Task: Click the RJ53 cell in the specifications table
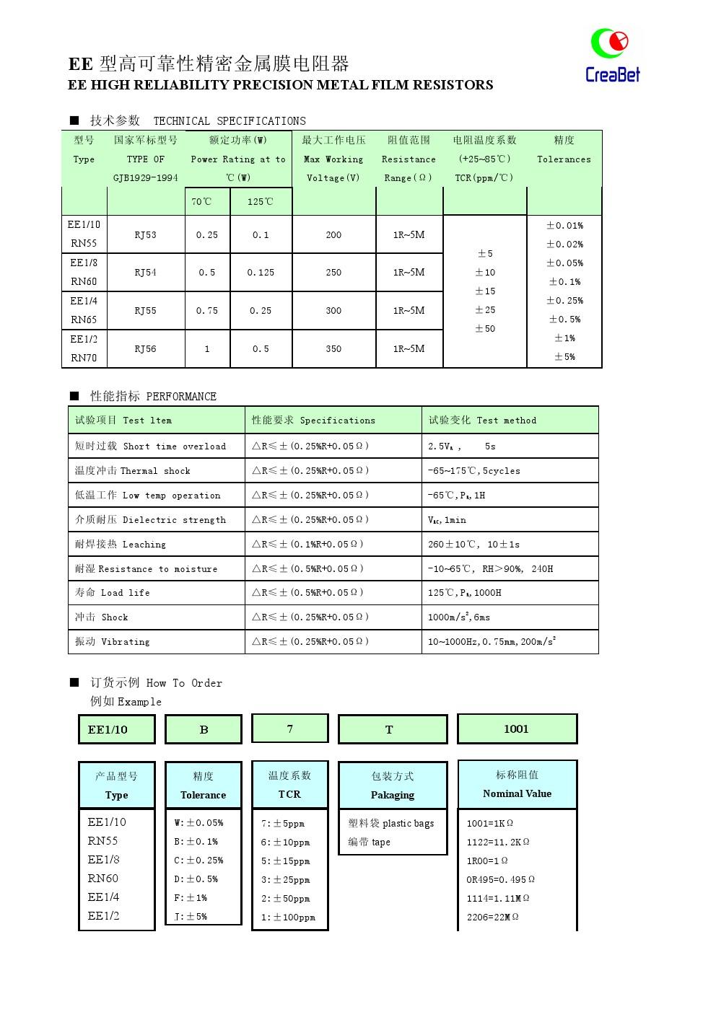click(145, 235)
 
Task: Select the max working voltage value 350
click(333, 349)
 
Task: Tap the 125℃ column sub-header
click(261, 202)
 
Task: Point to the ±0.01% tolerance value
click(564, 226)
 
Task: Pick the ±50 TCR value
click(485, 329)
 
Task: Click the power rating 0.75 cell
click(207, 311)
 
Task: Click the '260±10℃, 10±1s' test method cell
click(473, 545)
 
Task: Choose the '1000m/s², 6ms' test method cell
click(459, 617)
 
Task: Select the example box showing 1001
click(517, 729)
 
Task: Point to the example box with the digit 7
click(290, 729)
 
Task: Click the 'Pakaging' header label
click(393, 795)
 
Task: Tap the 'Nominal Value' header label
click(517, 793)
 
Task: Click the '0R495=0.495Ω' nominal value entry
click(500, 880)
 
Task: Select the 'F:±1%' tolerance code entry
click(191, 898)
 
